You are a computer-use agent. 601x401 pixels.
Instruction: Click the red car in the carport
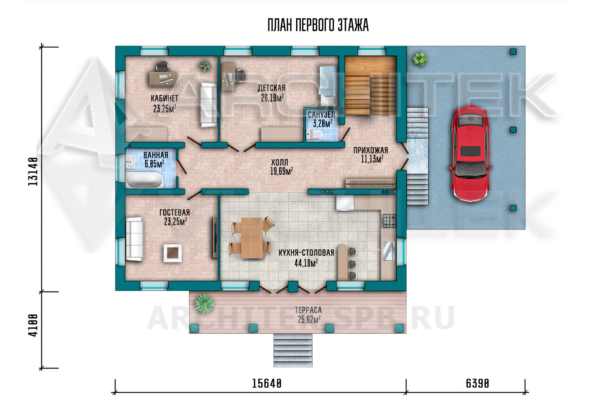tap(470, 153)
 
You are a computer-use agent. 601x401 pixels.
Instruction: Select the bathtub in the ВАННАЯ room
tap(144, 180)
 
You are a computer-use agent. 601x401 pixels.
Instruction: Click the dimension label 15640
tap(267, 383)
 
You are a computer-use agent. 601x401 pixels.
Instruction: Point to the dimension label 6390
tap(478, 383)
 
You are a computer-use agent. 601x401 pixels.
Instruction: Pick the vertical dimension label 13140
tap(33, 171)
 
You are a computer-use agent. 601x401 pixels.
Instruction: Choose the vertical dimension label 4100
tap(33, 325)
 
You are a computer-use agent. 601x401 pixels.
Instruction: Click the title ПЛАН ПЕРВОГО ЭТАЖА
tap(318, 25)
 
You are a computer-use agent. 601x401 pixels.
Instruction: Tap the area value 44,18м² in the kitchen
tap(306, 263)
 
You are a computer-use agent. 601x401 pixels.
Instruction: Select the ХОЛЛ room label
tap(280, 162)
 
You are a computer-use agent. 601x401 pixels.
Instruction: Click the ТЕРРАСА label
tap(308, 310)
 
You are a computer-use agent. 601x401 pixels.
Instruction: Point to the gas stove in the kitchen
tap(389, 221)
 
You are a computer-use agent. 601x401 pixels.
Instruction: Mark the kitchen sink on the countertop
tap(388, 251)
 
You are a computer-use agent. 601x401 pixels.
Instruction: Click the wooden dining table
tap(252, 238)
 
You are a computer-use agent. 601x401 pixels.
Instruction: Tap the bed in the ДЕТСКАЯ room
tap(328, 85)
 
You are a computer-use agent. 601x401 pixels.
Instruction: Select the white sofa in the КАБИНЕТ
tap(208, 105)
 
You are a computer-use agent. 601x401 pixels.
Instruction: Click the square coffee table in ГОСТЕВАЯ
tap(173, 253)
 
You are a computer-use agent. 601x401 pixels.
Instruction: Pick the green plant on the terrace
tap(204, 304)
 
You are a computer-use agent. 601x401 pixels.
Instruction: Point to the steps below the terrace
tap(293, 350)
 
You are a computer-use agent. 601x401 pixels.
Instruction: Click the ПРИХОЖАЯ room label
tap(371, 150)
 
